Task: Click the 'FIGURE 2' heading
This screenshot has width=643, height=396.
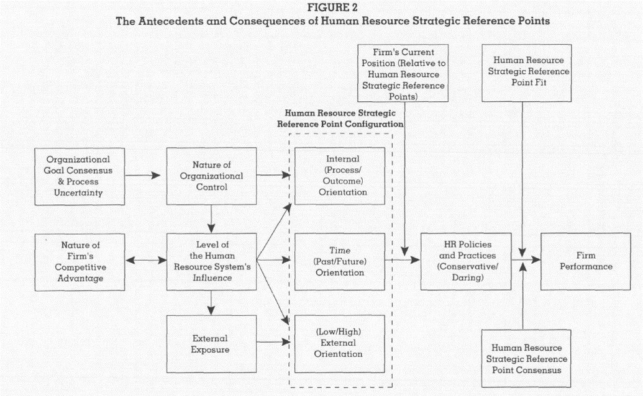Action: pyautogui.click(x=332, y=7)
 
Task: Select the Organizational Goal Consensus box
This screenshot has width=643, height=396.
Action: pyautogui.click(x=80, y=176)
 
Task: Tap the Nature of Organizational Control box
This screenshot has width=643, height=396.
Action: pyautogui.click(x=211, y=176)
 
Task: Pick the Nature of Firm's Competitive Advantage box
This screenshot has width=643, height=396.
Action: pyautogui.click(x=80, y=263)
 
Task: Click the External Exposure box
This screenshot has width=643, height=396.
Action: pyautogui.click(x=211, y=344)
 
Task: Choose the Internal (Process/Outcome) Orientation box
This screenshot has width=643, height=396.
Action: pyautogui.click(x=340, y=176)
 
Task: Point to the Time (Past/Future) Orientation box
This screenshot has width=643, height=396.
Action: pyautogui.click(x=340, y=262)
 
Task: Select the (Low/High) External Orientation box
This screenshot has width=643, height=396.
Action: pyautogui.click(x=340, y=344)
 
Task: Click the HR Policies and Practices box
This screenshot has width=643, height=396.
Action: pyautogui.click(x=466, y=261)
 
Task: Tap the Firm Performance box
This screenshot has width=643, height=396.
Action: pyautogui.click(x=586, y=261)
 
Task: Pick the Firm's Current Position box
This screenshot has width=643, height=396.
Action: pyautogui.click(x=403, y=73)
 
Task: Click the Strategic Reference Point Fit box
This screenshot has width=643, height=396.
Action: pyautogui.click(x=527, y=73)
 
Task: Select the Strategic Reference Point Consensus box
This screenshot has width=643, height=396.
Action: pyautogui.click(x=526, y=358)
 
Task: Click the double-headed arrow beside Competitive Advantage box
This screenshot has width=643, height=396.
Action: pyautogui.click(x=145, y=260)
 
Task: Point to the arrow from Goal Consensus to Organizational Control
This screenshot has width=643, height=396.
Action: pyautogui.click(x=142, y=175)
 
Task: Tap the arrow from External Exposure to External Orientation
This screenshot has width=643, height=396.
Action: pyautogui.click(x=273, y=341)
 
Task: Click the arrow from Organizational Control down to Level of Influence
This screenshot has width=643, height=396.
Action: pyautogui.click(x=211, y=218)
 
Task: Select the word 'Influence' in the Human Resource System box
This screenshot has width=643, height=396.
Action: pyautogui.click(x=212, y=277)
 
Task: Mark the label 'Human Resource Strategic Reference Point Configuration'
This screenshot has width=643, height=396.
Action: pyautogui.click(x=340, y=119)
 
